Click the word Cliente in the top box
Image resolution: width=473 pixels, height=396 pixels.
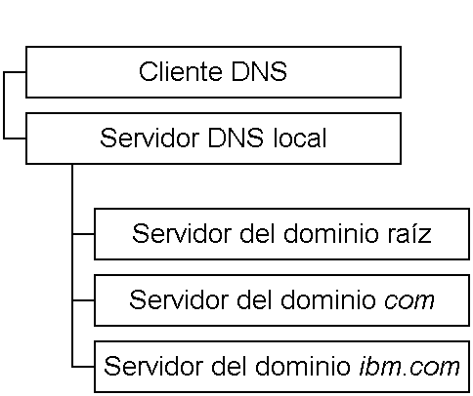[181, 71]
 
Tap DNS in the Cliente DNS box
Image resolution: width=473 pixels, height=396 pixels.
[259, 71]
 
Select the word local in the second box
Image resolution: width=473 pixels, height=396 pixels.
[300, 138]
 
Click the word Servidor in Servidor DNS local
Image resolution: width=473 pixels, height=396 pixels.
[150, 138]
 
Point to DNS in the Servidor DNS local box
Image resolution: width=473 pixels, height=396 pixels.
[236, 138]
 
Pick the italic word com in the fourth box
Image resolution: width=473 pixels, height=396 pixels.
[409, 301]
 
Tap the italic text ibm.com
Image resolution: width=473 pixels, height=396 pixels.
[409, 367]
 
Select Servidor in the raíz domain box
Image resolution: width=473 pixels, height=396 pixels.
[182, 233]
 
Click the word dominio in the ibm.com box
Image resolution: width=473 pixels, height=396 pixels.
[302, 367]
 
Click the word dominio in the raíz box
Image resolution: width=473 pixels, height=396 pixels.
[330, 233]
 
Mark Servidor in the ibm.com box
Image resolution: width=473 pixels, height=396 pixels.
[153, 367]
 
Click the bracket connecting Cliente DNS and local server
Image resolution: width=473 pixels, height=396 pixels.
[4, 105]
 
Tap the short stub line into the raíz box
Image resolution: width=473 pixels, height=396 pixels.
[83, 234]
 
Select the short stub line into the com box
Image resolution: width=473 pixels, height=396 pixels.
[83, 300]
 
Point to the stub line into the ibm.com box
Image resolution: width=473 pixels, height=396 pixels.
[83, 367]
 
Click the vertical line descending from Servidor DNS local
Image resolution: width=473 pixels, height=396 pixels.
[72, 265]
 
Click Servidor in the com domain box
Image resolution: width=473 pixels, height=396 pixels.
[179, 299]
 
